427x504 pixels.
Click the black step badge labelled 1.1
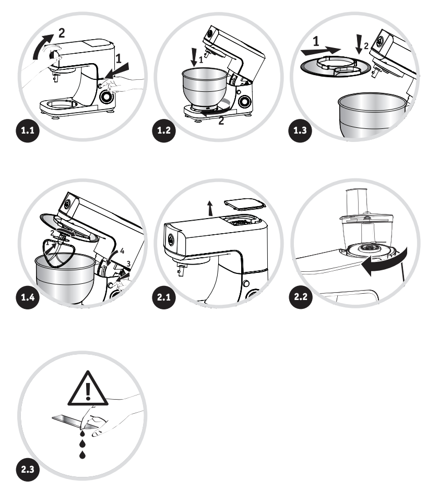click(28, 130)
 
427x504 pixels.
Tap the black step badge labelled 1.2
click(164, 130)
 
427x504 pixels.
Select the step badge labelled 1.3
click(300, 130)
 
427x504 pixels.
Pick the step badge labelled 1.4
click(28, 297)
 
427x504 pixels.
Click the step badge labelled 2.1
click(164, 297)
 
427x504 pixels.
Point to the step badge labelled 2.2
click(301, 296)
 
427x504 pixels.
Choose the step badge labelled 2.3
click(28, 469)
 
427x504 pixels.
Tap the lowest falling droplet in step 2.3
click(82, 454)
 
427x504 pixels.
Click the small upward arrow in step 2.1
click(210, 208)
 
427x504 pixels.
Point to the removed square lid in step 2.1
click(244, 205)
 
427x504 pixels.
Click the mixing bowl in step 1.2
click(205, 88)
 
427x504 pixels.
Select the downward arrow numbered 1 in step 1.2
click(194, 57)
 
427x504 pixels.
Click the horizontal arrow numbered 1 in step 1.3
click(321, 50)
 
